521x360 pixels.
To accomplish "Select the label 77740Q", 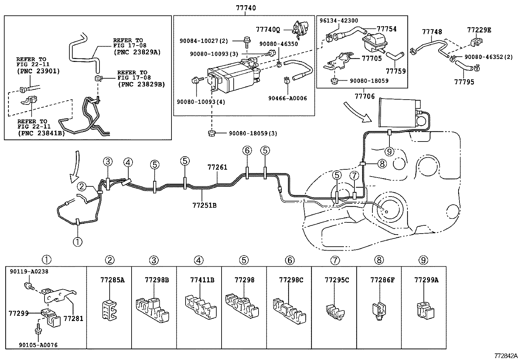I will click(x=268, y=30).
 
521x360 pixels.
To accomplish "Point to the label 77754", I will click(x=386, y=29).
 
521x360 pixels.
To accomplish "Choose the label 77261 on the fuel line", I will click(x=217, y=167).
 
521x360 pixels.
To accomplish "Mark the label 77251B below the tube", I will click(x=204, y=205).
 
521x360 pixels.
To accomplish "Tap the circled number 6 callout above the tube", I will click(x=247, y=151).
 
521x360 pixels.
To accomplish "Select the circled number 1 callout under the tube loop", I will click(x=78, y=242).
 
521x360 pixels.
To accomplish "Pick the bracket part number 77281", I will click(x=73, y=318).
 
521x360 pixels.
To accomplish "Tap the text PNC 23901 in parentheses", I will click(x=38, y=71).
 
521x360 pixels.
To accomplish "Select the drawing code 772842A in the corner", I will click(x=506, y=356).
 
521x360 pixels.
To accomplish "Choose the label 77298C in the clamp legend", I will click(x=291, y=280).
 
